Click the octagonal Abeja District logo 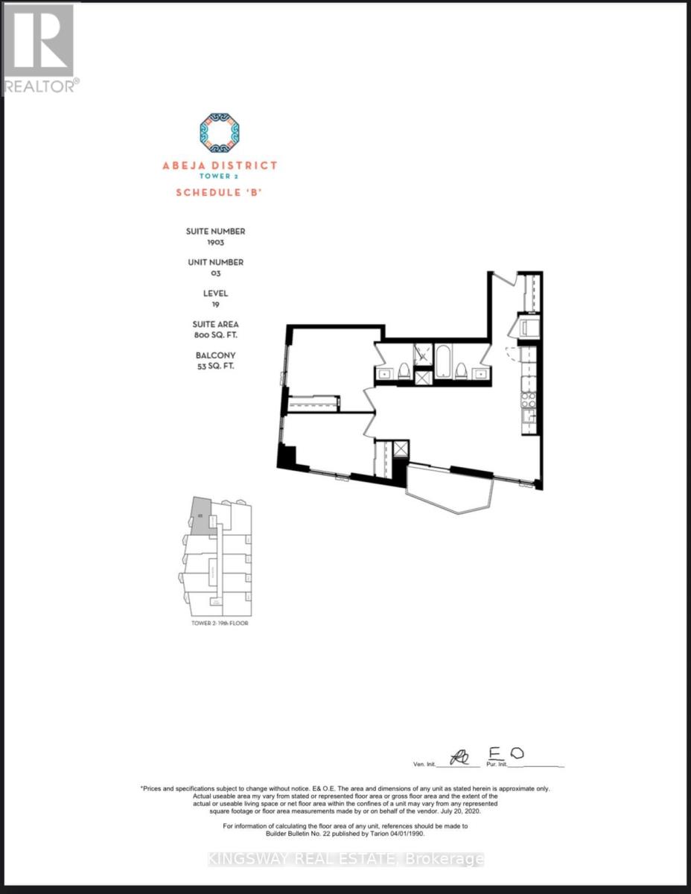pos(219,133)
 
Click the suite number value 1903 pos(215,243)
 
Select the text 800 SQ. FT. pos(215,335)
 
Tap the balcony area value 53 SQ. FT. pos(215,366)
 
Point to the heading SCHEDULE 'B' pos(219,192)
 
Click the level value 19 pos(215,305)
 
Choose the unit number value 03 pos(215,273)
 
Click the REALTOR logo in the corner pos(40,48)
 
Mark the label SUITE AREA pos(215,324)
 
